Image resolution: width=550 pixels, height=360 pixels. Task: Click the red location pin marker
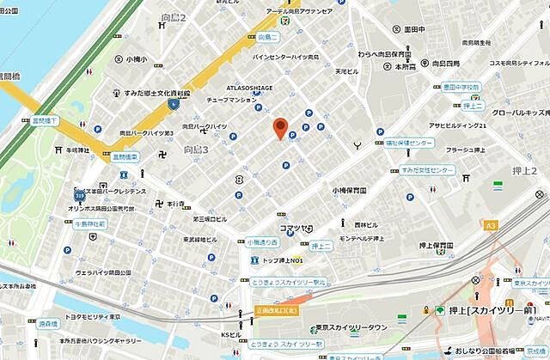279,127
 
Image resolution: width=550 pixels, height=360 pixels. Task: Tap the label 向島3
197,150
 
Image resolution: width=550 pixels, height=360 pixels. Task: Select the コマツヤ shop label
294,228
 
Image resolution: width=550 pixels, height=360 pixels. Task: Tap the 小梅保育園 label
349,191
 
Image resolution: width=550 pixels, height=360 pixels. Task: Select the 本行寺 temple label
177,204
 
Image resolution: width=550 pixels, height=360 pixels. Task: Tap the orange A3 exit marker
491,225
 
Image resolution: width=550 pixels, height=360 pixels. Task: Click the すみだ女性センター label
427,170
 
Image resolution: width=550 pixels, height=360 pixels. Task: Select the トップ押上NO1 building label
284,260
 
